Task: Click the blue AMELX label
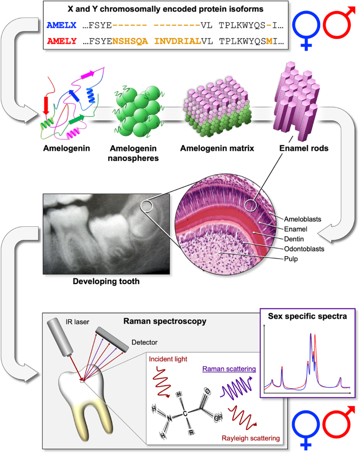pos(61,24)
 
